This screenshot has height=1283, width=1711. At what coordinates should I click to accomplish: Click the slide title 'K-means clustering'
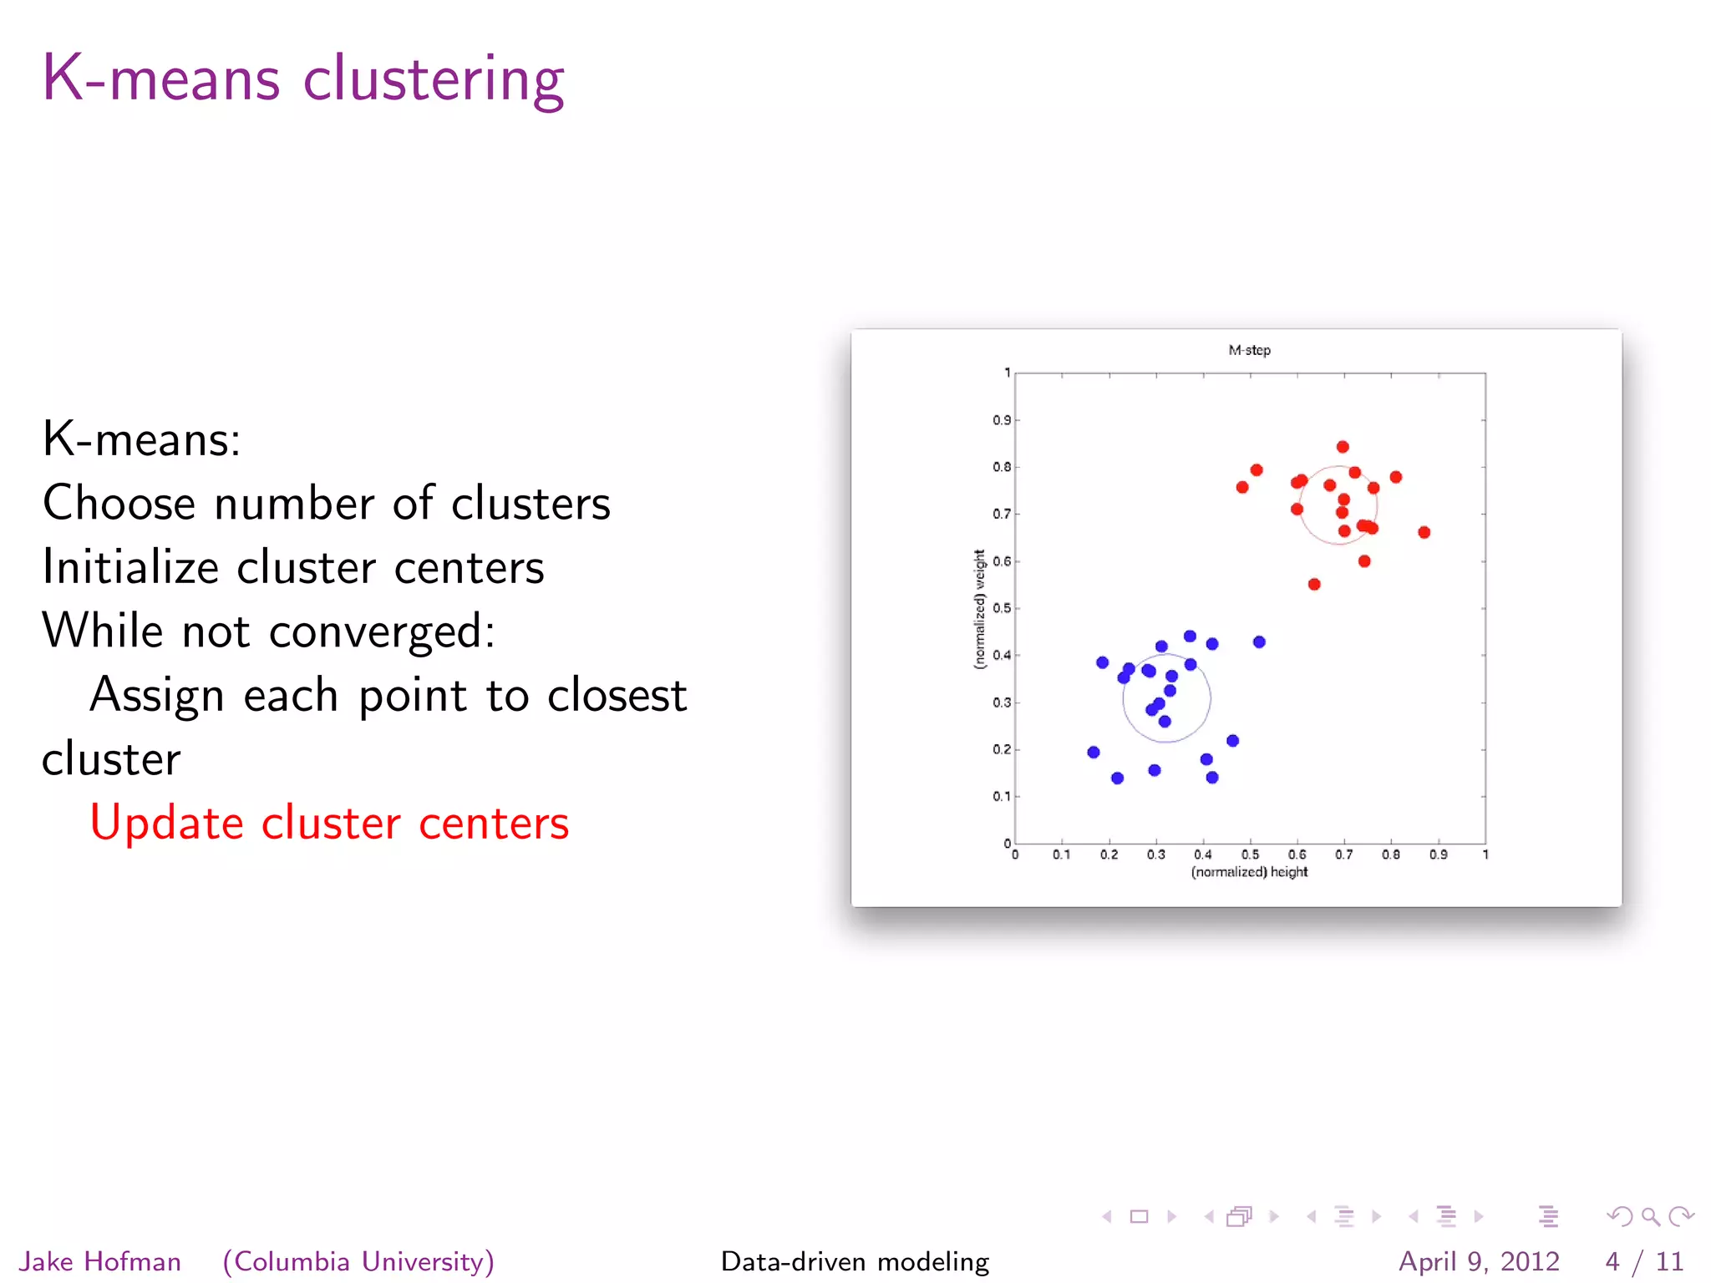[x=303, y=79]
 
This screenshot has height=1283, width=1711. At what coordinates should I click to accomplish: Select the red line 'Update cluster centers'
[x=329, y=823]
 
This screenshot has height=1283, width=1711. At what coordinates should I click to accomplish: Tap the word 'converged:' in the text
[x=382, y=631]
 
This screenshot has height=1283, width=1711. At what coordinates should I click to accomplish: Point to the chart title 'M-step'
[x=1249, y=350]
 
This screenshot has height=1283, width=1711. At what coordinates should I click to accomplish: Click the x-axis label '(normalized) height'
[x=1249, y=872]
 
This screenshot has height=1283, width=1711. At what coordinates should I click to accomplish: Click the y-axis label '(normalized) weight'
[x=979, y=609]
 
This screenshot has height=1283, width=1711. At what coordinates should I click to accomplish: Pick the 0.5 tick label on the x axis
[x=1250, y=854]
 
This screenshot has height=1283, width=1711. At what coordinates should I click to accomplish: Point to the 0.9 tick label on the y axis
[x=1001, y=420]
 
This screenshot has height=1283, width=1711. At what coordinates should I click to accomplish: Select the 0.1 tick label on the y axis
[x=1001, y=796]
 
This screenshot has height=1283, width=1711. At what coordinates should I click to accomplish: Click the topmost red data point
[x=1343, y=447]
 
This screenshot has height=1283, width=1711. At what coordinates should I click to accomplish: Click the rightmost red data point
[x=1424, y=532]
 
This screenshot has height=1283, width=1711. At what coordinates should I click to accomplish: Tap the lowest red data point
[x=1314, y=584]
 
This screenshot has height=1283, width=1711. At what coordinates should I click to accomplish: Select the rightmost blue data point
[x=1259, y=641]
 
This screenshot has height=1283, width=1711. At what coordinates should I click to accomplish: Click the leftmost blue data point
[x=1094, y=752]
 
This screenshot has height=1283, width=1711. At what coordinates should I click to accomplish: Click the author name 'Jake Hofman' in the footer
[x=100, y=1261]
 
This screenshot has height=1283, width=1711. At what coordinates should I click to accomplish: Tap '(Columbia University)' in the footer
[x=358, y=1261]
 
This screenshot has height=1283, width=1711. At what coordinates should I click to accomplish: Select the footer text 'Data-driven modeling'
[x=855, y=1261]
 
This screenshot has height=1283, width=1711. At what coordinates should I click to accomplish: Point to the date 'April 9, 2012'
[x=1479, y=1261]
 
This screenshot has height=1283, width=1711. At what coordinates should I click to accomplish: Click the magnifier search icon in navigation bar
[x=1650, y=1217]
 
